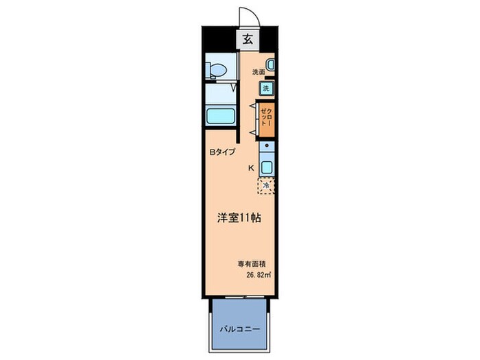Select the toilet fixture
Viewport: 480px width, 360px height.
(216, 70)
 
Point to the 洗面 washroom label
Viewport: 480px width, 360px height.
(259, 72)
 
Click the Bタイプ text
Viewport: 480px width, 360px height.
(222, 152)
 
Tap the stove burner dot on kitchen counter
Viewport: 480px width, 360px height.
(267, 147)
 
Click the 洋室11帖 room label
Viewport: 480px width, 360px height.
(238, 217)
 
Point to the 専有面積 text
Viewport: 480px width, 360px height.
(253, 264)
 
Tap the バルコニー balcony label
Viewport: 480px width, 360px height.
(239, 329)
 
